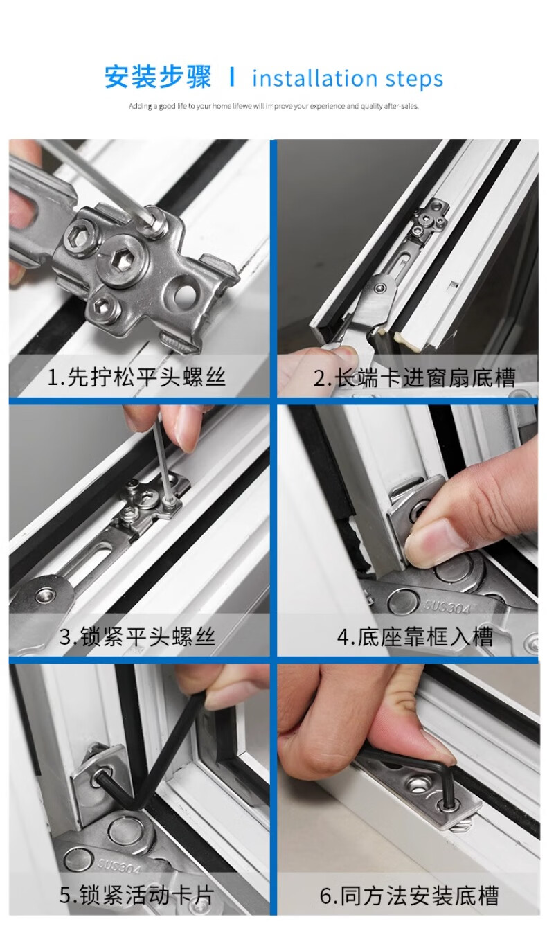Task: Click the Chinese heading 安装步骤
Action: (x=158, y=77)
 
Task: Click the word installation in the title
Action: (x=314, y=78)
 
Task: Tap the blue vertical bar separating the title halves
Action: (x=232, y=77)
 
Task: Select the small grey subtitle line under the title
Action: (x=273, y=107)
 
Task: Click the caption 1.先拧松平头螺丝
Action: (x=136, y=377)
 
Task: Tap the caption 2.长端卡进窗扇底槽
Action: (x=414, y=377)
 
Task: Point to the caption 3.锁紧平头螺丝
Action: (x=137, y=636)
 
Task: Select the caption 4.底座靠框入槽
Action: (x=415, y=636)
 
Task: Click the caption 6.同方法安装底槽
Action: (x=409, y=895)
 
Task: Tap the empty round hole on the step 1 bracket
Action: (x=184, y=294)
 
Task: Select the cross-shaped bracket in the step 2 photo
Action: (x=431, y=219)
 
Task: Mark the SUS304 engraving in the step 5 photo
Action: (x=120, y=864)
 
